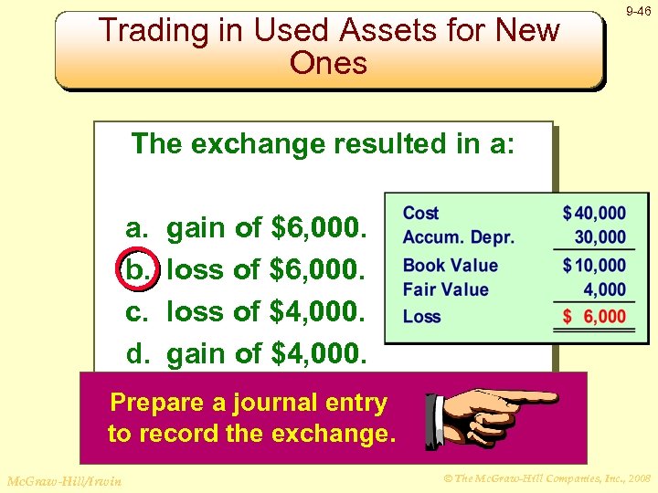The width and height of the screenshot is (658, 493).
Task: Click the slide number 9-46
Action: point(637,12)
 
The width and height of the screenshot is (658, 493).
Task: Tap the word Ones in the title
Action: point(328,64)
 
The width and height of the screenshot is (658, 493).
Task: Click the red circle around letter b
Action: point(137,269)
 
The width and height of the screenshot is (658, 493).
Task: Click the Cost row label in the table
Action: point(420,213)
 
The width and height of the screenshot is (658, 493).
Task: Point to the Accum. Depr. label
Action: point(458,237)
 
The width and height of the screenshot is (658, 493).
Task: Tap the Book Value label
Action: point(451,266)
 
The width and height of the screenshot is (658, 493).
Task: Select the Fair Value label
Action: point(446,289)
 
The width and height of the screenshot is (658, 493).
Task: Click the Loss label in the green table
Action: point(421,317)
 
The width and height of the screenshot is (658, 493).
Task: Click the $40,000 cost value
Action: point(595,213)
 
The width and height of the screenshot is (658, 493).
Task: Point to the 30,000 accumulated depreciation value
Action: point(600,237)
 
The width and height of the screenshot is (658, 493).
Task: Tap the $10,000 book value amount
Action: point(595,266)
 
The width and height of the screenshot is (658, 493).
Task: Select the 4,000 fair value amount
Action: point(605,289)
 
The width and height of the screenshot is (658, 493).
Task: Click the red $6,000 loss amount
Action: point(595,317)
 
